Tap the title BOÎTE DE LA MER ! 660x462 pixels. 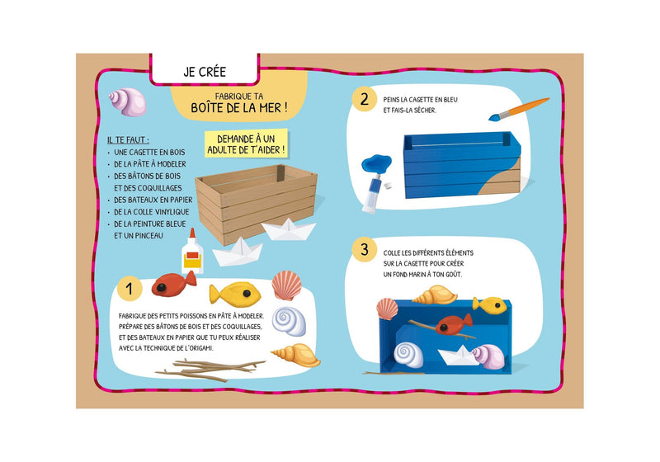(x=239, y=107)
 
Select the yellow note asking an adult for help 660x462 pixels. (x=247, y=144)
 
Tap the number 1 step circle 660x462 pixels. (x=130, y=289)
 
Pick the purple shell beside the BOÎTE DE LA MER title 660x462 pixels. (x=128, y=101)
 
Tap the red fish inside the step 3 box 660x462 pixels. (x=455, y=323)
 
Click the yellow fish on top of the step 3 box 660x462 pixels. (x=488, y=304)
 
